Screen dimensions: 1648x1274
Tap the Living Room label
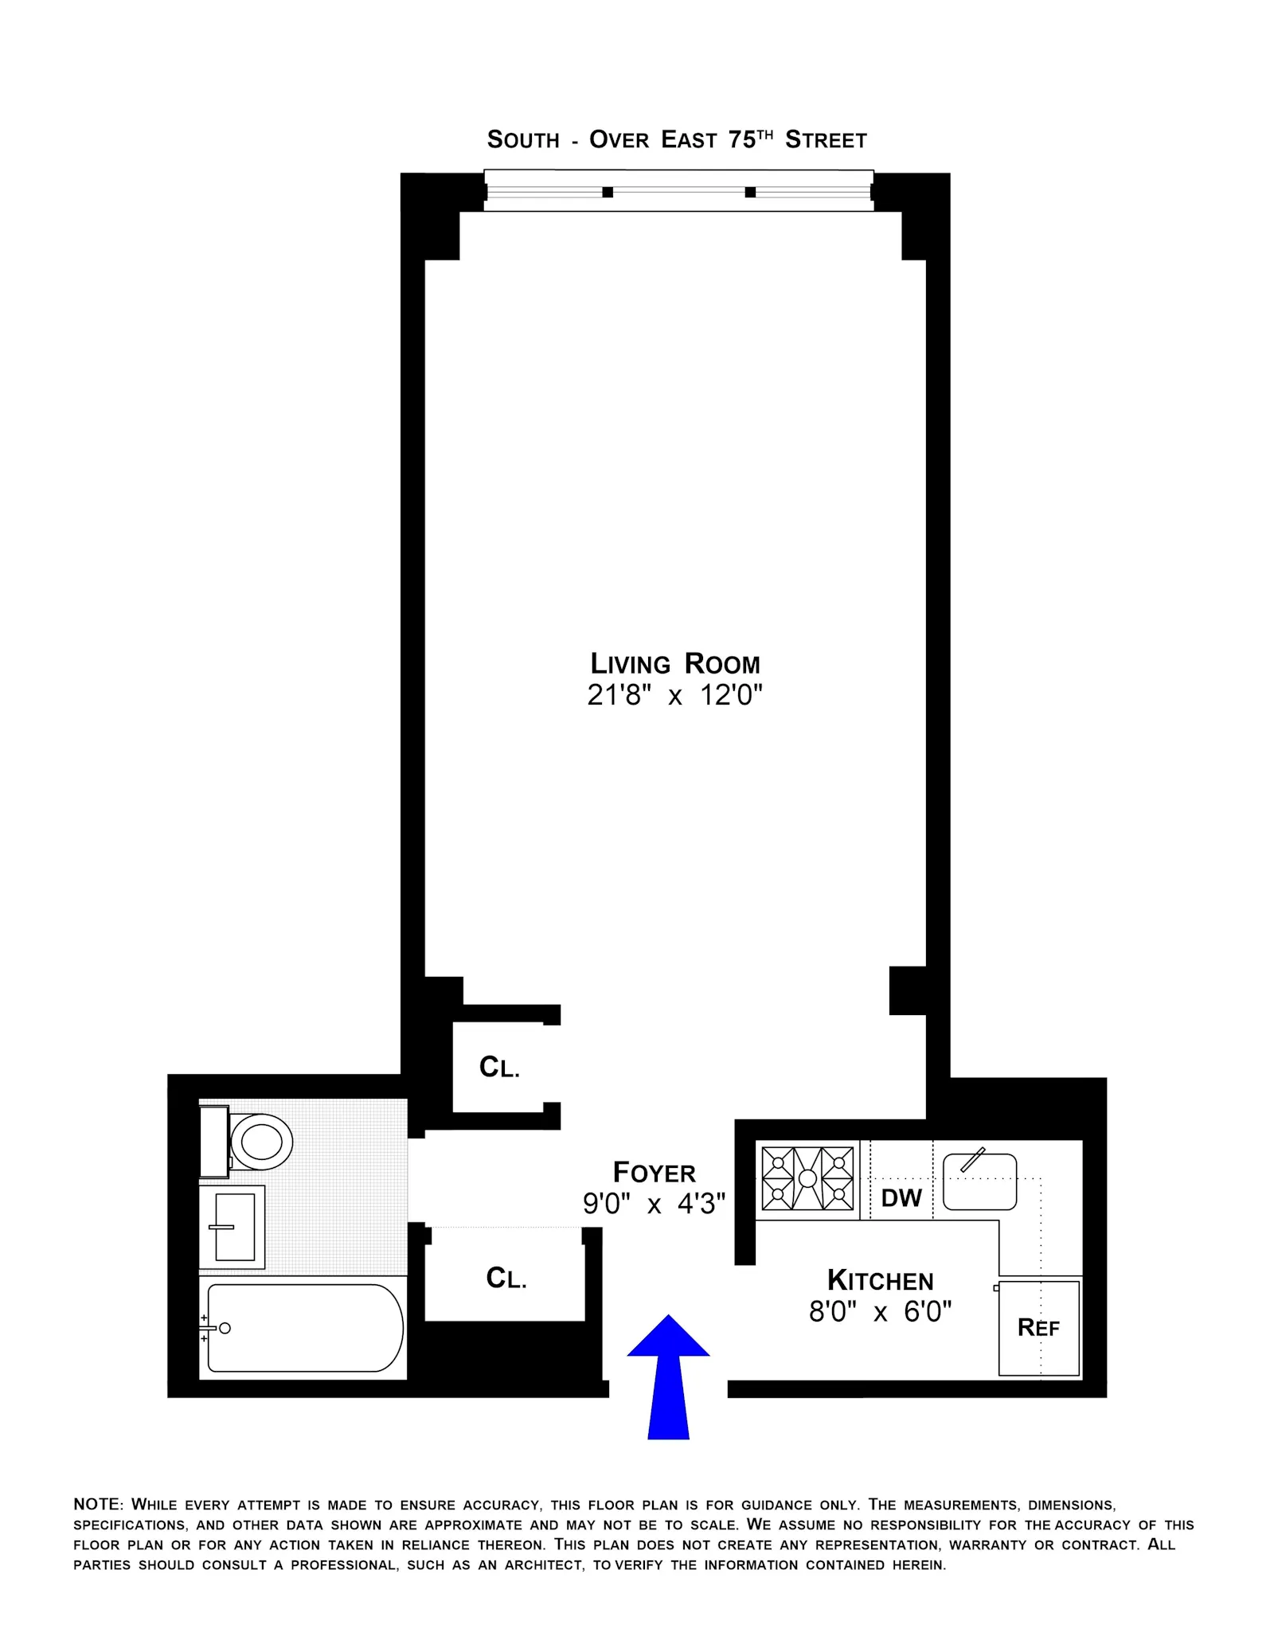point(674,664)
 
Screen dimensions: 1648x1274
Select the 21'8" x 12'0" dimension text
point(674,696)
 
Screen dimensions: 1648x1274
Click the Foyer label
point(654,1173)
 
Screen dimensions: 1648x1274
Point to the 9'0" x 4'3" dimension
point(654,1204)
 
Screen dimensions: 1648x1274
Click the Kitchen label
point(880,1281)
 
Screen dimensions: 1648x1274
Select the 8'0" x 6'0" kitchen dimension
point(880,1312)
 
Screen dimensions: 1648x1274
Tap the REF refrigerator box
point(1038,1328)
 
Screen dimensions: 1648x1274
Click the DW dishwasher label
point(901,1198)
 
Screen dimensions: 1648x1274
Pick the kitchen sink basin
point(979,1181)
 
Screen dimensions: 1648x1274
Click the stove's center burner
point(807,1178)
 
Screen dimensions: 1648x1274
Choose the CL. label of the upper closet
point(499,1068)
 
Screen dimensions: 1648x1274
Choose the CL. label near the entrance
point(506,1279)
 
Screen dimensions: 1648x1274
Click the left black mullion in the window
point(608,192)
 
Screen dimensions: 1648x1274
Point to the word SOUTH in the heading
point(523,140)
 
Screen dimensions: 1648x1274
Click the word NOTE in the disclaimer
point(97,1505)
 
